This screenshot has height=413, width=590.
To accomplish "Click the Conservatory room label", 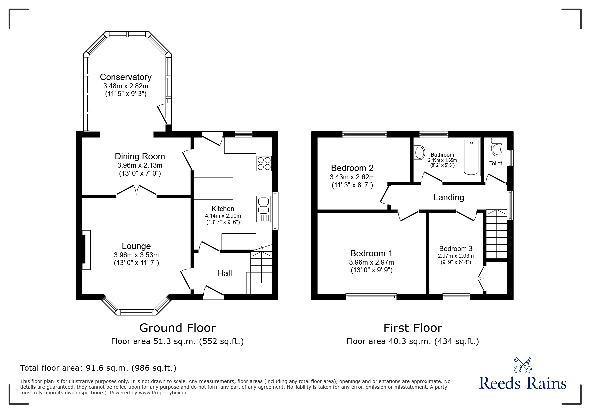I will click(x=126, y=77).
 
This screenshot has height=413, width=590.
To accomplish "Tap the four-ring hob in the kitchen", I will click(x=264, y=164).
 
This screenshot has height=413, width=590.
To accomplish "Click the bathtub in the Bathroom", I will click(x=471, y=157).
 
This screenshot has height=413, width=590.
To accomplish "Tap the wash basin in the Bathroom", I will click(x=419, y=153).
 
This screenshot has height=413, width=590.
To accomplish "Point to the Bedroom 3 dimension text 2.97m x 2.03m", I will click(x=455, y=256).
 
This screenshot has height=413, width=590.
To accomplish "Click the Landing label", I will click(x=448, y=197).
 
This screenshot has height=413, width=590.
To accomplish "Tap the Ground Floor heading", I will click(x=177, y=328).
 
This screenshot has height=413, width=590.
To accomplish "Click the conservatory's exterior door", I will click(x=163, y=114).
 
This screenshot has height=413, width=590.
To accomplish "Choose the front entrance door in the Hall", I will click(x=213, y=291).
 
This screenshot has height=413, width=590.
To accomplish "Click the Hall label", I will click(x=224, y=274).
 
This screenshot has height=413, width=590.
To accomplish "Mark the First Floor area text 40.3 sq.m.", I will click(x=412, y=341).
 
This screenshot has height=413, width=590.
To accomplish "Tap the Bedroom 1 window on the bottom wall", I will click(x=371, y=296).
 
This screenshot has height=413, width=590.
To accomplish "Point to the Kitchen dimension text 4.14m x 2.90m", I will click(x=223, y=216).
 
